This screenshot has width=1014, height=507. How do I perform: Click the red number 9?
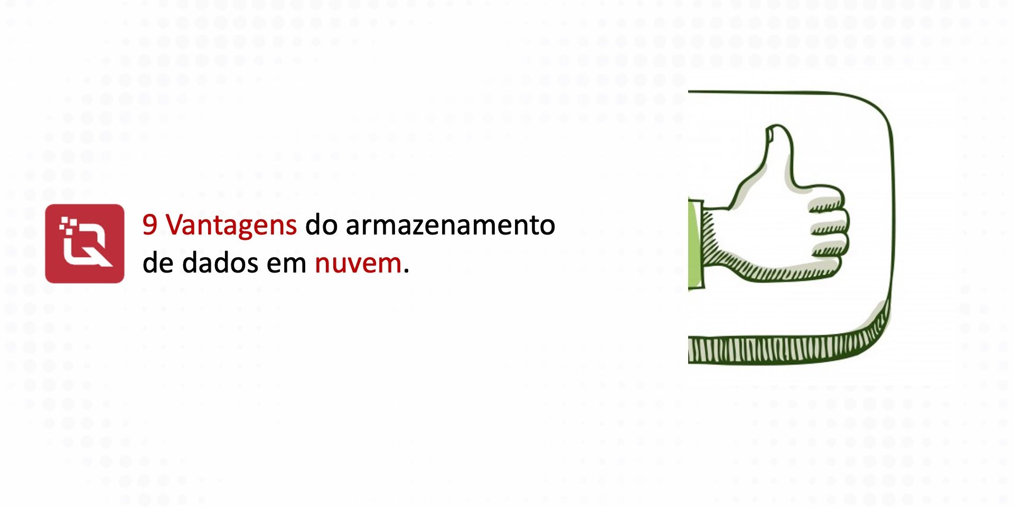pyautogui.click(x=150, y=224)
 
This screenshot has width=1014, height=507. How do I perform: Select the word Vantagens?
pyautogui.click(x=231, y=225)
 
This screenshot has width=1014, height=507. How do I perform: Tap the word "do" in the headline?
pyautogui.click(x=321, y=224)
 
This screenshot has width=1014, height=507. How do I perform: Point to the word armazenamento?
pyautogui.click(x=450, y=225)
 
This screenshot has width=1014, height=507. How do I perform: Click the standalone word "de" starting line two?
pyautogui.click(x=158, y=262)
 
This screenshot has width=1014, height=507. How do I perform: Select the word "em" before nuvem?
pyautogui.click(x=286, y=263)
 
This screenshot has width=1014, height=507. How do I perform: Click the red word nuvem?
pyautogui.click(x=358, y=263)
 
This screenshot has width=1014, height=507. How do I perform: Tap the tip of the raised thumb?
pyautogui.click(x=777, y=129)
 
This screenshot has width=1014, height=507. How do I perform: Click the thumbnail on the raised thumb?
pyautogui.click(x=771, y=136)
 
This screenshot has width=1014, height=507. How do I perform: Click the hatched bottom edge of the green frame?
pyautogui.click(x=782, y=350)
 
